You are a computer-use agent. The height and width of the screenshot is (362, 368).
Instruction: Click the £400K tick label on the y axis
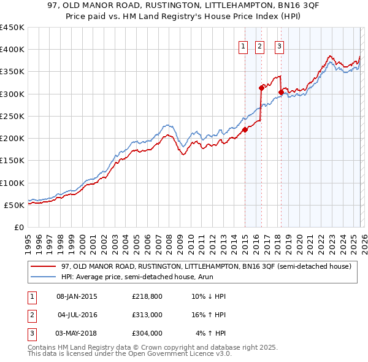pos(12,50)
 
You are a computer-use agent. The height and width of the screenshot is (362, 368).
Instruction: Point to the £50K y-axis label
pos(14,205)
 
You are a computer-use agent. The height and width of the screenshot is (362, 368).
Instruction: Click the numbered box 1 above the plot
pos(243,45)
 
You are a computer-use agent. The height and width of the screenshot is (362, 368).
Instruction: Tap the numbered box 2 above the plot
pos(259,45)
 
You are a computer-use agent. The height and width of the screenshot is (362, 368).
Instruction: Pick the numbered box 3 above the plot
pos(279,45)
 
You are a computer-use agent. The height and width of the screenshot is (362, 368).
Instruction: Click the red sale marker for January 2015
pos(245,129)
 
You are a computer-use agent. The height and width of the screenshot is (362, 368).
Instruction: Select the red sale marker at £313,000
pos(261,88)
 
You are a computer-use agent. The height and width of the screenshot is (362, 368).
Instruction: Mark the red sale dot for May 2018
pos(281,92)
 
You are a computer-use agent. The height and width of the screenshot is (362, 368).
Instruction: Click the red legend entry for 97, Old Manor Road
pos(205,266)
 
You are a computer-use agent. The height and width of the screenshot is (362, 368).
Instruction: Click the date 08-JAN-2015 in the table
pos(77,296)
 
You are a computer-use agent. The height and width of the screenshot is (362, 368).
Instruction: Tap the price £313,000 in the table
pos(147,315)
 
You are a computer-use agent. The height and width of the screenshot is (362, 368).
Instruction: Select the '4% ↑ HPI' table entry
pos(211,333)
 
